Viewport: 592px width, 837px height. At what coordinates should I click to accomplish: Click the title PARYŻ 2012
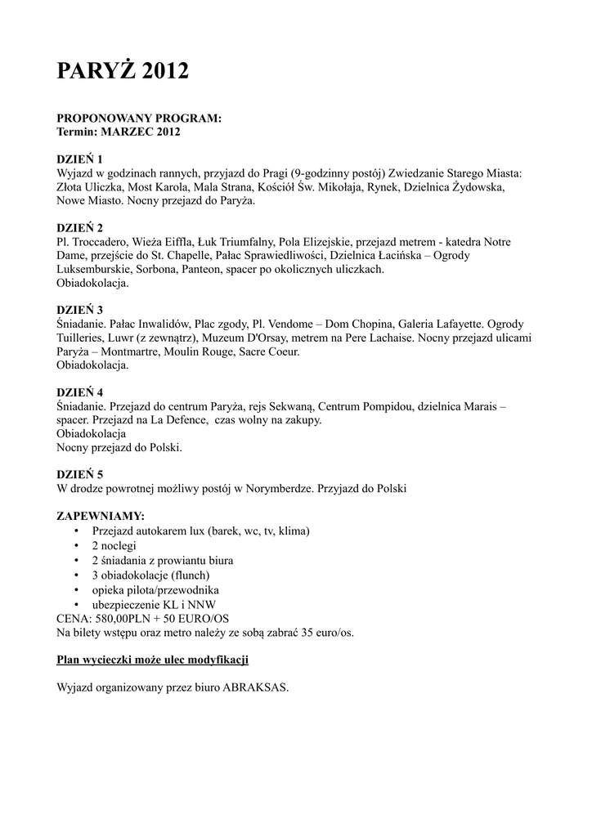point(122,73)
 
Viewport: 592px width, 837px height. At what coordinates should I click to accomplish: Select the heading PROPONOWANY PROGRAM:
point(139,119)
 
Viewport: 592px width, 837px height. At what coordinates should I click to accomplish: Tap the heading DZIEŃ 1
point(79,159)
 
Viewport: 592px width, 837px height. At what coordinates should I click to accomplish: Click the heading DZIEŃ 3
point(79,311)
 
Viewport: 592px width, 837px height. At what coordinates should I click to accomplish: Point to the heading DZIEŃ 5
point(79,475)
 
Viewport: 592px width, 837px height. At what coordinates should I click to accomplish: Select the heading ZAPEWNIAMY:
point(101,517)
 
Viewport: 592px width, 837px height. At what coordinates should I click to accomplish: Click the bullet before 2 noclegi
point(76,545)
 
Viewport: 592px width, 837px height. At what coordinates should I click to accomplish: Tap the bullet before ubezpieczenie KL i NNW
point(76,604)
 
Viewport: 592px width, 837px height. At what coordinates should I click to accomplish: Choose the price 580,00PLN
point(128,618)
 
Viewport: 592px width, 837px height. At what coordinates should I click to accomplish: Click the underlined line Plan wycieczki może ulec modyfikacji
point(152,659)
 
